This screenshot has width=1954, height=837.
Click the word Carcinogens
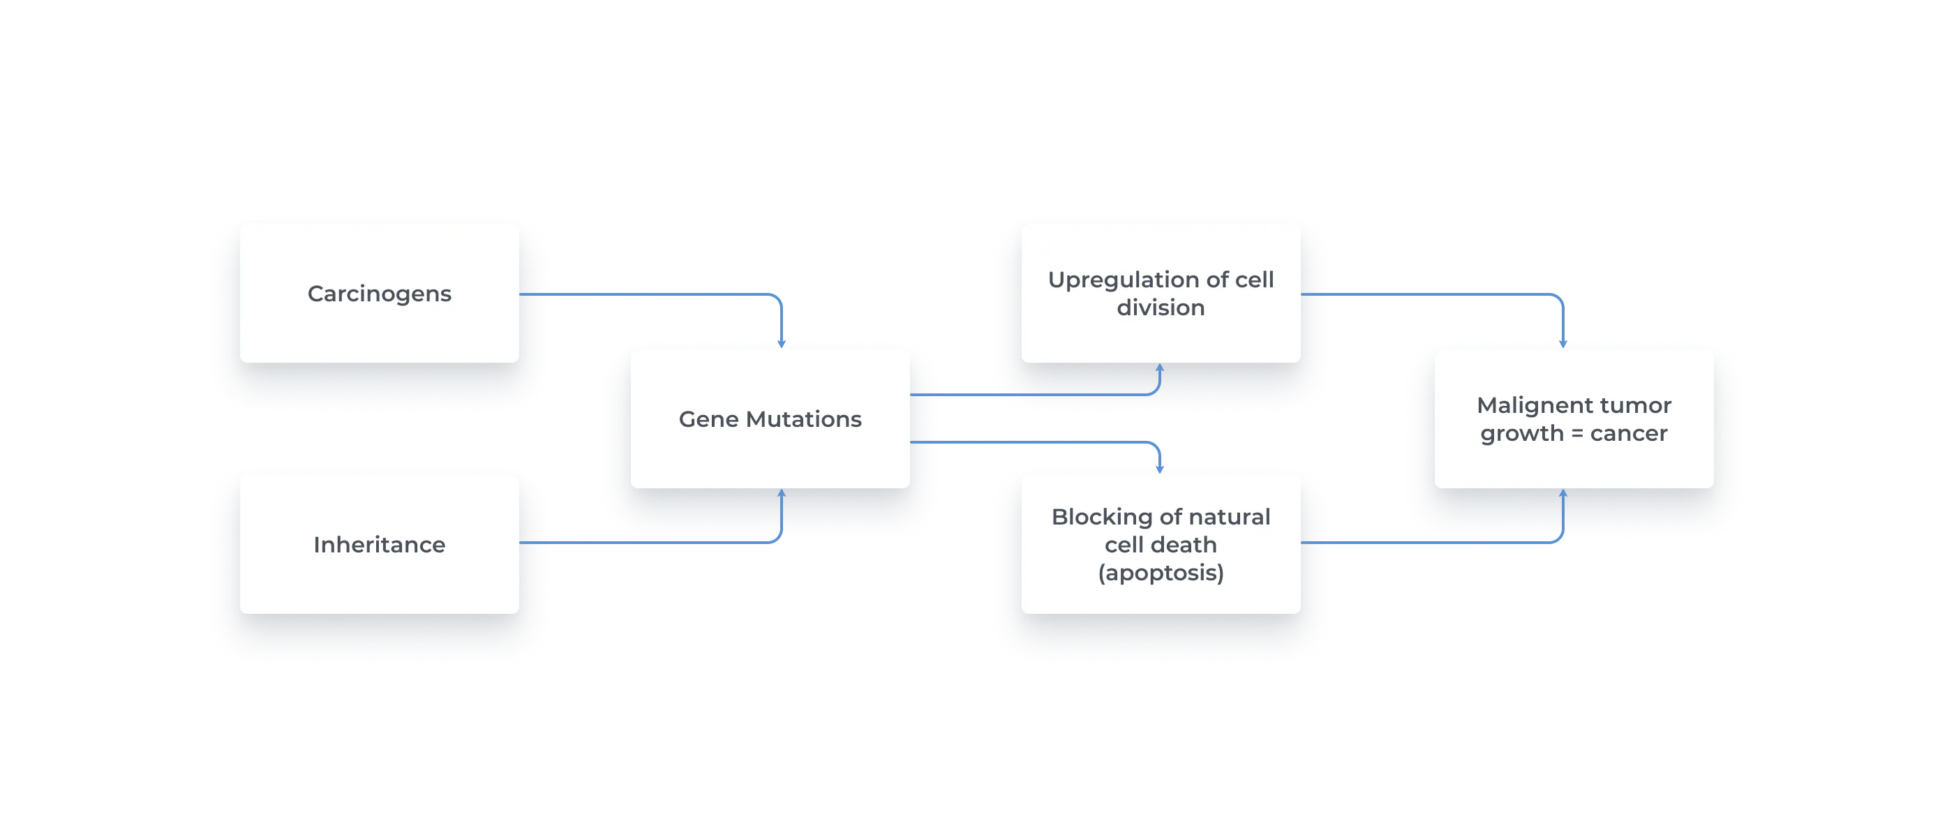379,294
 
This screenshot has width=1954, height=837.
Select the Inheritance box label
379,544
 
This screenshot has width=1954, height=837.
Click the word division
1161,308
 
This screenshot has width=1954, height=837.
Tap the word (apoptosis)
1161,573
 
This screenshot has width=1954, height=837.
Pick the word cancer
1629,434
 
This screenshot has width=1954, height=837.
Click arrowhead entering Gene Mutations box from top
782,342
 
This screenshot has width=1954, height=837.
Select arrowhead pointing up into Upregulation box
1159,368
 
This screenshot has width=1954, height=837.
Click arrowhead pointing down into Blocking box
1159,468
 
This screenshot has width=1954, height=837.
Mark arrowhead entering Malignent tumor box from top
1563,342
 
